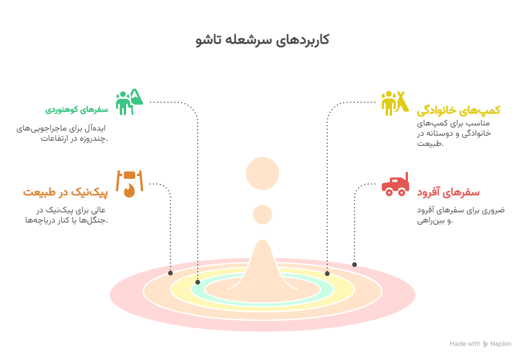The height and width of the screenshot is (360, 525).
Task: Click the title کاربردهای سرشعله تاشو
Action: click(262, 40)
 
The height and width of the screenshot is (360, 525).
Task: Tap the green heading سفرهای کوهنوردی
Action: click(77, 110)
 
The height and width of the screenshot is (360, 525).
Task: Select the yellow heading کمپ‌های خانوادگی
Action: click(459, 110)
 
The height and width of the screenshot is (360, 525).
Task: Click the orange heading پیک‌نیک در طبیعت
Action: click(65, 192)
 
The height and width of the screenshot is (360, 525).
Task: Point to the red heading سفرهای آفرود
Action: click(448, 192)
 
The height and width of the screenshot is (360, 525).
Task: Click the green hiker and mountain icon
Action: click(129, 102)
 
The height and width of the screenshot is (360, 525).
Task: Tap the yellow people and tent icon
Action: click(395, 103)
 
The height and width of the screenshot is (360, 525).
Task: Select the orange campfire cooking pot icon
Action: click(130, 183)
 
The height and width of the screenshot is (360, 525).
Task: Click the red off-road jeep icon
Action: click(395, 184)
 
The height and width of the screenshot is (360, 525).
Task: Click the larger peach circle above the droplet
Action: click(262, 173)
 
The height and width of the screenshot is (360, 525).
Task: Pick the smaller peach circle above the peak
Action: click(262, 215)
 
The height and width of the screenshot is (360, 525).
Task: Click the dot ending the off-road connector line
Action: click(355, 265)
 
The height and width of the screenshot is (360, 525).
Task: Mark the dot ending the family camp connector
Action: click(327, 274)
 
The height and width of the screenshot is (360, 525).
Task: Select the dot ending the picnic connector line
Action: click(170, 273)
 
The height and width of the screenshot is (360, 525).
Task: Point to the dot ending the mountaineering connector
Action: click(198, 282)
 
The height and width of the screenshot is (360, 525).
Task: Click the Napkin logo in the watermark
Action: click(485, 344)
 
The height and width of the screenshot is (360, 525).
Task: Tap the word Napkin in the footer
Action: click(501, 344)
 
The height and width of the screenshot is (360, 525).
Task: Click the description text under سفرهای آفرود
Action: click(461, 215)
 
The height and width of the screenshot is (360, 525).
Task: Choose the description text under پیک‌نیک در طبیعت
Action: click(66, 215)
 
